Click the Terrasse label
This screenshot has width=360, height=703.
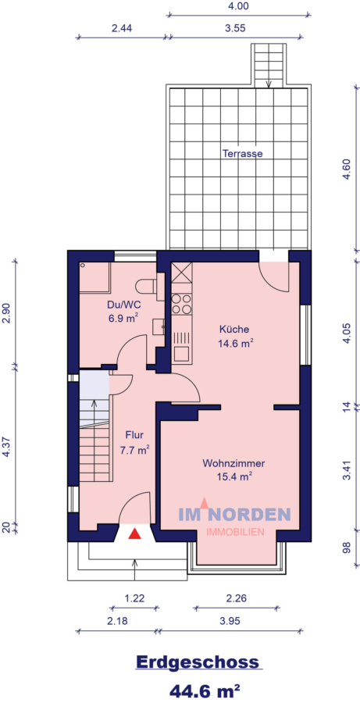[241, 154]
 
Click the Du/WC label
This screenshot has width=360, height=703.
[123, 307]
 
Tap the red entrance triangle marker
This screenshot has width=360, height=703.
[135, 534]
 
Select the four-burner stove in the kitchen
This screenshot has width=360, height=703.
[181, 305]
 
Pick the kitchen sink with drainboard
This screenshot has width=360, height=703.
[181, 343]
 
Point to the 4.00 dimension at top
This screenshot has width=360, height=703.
[237, 5]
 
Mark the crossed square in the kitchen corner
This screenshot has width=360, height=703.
[181, 273]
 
